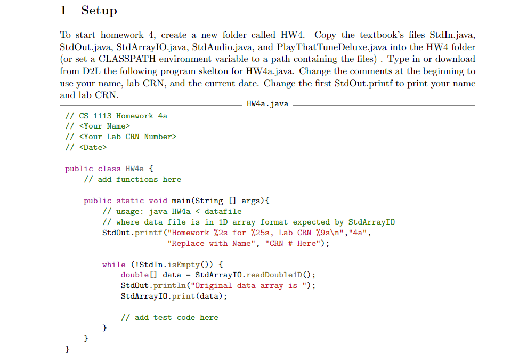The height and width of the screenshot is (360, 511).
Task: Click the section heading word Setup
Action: click(x=99, y=11)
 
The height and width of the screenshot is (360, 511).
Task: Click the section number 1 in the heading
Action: click(x=63, y=11)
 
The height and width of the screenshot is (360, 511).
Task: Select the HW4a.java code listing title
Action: click(x=267, y=104)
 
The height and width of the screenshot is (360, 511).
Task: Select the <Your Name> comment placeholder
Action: click(x=104, y=126)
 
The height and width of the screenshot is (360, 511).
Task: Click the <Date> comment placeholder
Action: click(x=93, y=147)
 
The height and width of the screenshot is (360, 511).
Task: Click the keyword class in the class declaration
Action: click(x=109, y=169)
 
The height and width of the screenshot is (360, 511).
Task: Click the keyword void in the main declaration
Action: click(x=158, y=201)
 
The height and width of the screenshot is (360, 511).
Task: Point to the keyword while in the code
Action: click(x=113, y=265)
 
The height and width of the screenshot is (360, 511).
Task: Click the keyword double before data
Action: click(x=135, y=275)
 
